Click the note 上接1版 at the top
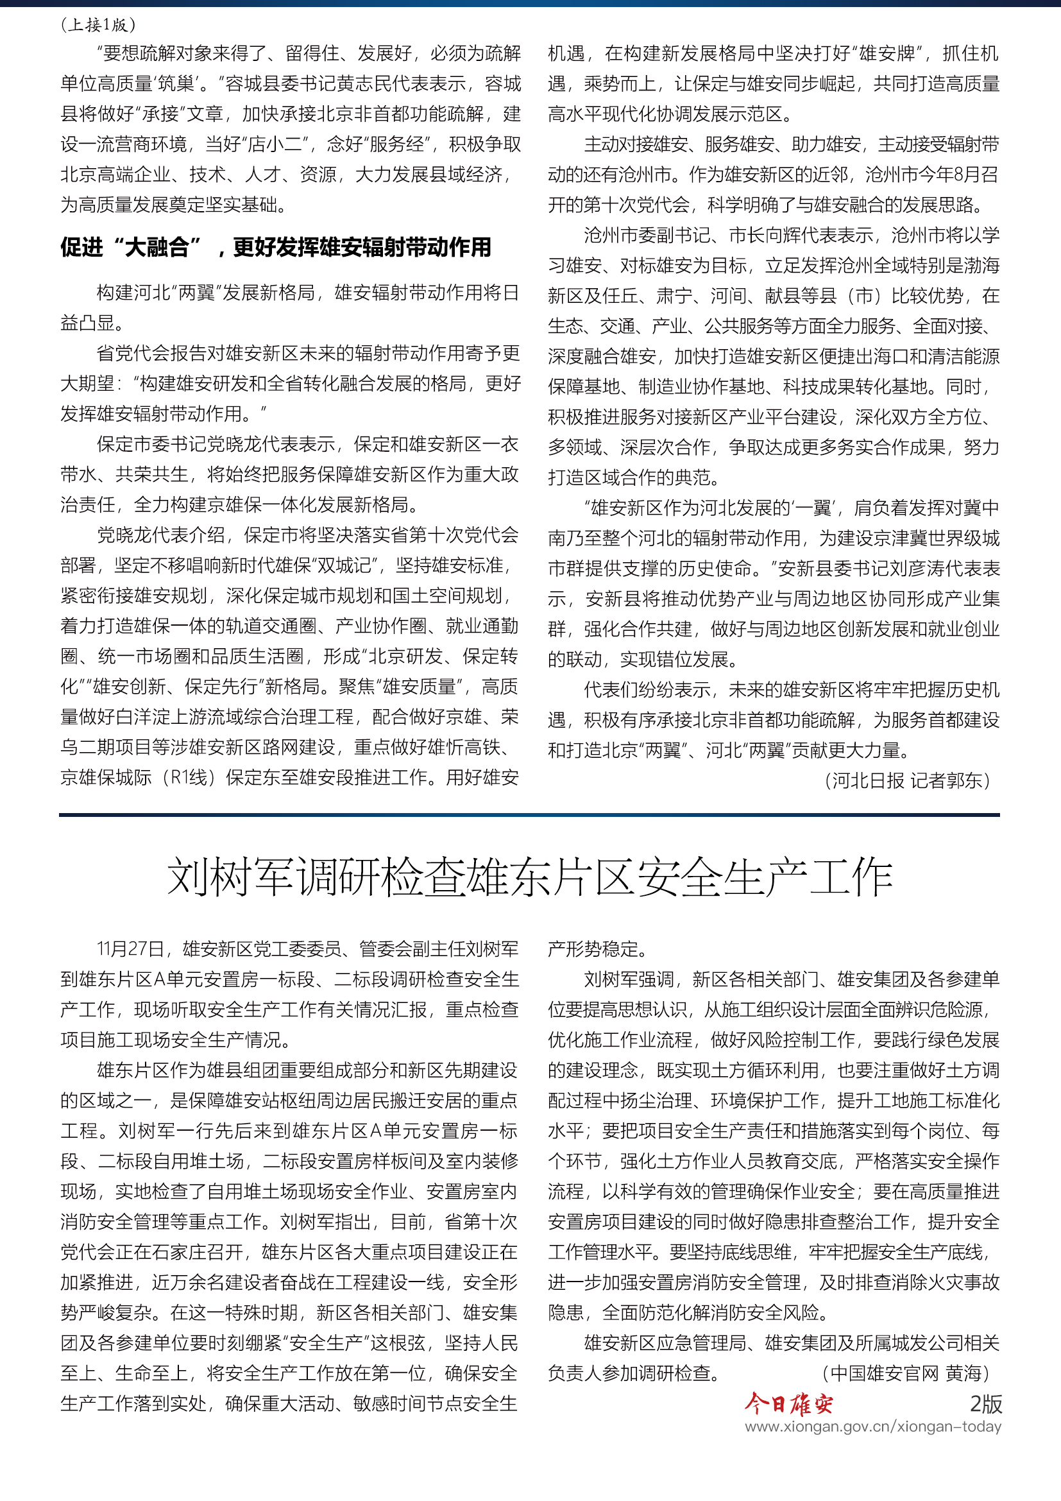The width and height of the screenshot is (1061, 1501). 98,25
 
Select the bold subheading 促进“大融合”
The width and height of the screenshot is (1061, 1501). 275,247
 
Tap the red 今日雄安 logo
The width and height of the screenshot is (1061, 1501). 788,1403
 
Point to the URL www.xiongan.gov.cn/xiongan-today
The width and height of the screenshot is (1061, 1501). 873,1427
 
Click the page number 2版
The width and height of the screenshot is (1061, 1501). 985,1403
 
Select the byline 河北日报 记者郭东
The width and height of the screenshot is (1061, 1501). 908,780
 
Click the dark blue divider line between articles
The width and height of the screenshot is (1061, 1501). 529,814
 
